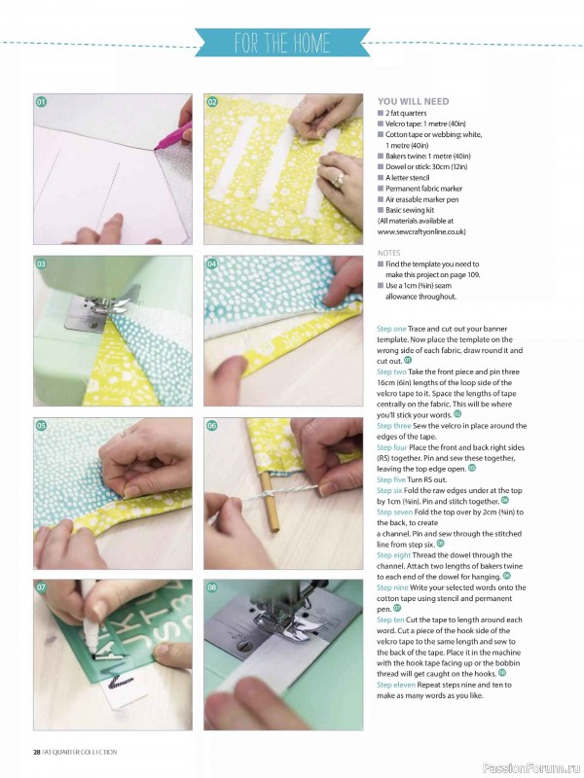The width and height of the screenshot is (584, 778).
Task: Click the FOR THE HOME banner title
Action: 282,43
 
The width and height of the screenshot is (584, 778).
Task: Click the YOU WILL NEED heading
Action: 413,101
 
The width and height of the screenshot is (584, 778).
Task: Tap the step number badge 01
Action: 42,102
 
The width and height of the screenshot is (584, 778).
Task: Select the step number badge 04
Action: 211,264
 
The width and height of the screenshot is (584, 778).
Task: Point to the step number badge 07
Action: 42,587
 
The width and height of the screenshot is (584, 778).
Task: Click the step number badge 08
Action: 211,587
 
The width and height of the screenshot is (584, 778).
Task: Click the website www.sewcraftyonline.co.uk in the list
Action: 419,232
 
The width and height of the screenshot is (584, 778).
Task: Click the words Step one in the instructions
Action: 392,330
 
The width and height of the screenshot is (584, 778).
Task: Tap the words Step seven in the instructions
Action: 397,512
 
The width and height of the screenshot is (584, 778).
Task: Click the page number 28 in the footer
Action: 36,752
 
